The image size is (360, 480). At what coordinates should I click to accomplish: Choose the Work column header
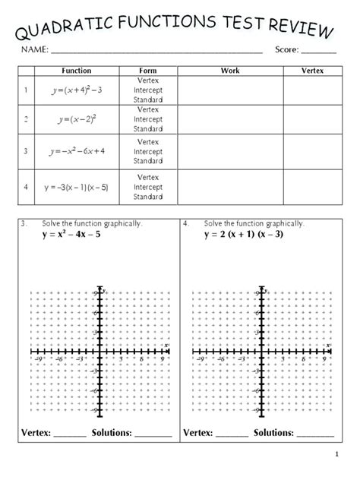pyautogui.click(x=229, y=71)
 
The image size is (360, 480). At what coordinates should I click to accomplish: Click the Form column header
pyautogui.click(x=148, y=71)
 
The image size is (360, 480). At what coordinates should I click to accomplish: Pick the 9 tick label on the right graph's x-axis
pyautogui.click(x=324, y=355)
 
